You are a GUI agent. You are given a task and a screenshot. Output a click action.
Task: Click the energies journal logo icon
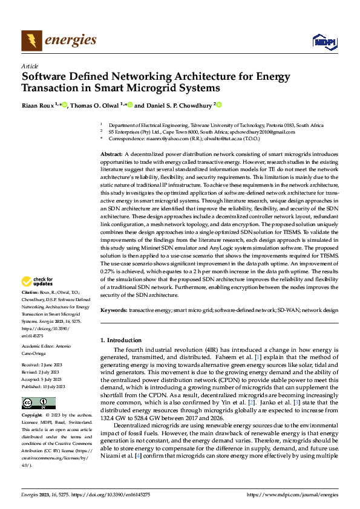click(x=31, y=41)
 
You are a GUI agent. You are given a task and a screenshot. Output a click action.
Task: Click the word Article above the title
click(x=30, y=66)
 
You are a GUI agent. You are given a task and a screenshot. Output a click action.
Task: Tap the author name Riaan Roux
click(x=38, y=105)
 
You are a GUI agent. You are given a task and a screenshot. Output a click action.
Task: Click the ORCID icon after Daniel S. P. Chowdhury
click(x=219, y=105)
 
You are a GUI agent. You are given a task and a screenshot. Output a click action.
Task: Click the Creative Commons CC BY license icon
click(x=38, y=403)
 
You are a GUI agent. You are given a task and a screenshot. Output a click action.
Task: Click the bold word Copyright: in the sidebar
click(x=33, y=416)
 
